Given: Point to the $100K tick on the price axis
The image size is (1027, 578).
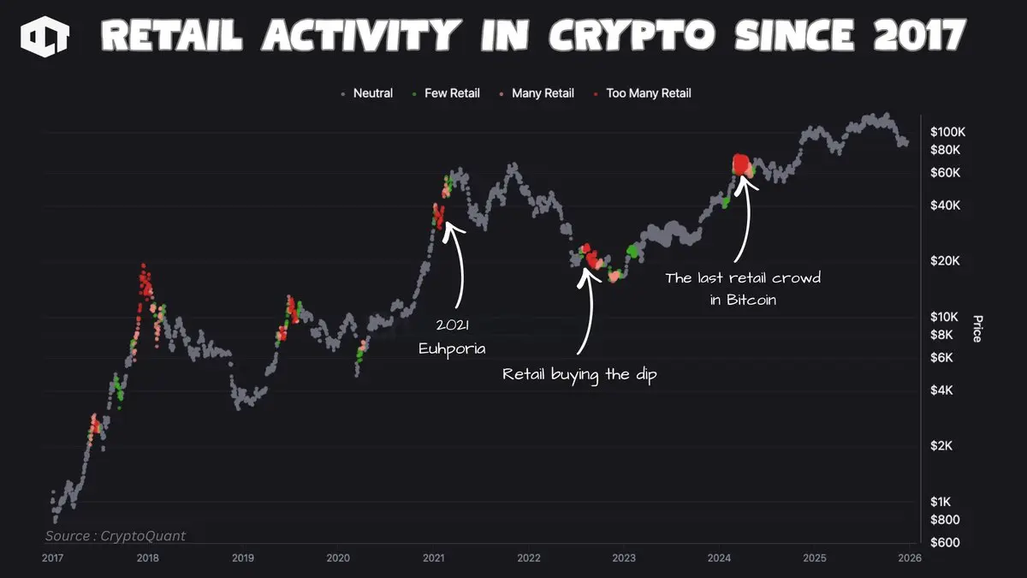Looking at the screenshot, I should coord(947,132).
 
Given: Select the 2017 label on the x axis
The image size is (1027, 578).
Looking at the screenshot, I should coord(53,558).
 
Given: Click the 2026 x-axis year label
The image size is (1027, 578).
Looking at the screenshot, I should coord(910,558).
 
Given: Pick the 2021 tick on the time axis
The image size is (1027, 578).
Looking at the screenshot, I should coord(434,558).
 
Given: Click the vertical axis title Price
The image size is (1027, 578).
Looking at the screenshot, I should coord(977,329).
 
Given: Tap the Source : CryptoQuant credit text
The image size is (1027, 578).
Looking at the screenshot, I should coord(116,536).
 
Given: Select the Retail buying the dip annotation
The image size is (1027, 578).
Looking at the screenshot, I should coord(579,375).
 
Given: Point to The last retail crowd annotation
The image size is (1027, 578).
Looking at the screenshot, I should coord(743,289).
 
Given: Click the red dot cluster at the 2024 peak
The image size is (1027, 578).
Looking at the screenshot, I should coord(741,164).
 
